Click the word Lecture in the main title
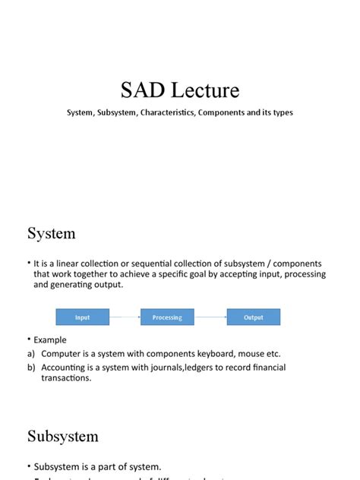click(201, 91)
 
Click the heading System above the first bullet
click(52, 233)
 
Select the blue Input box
click(82, 317)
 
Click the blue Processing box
click(167, 317)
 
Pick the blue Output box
click(253, 317)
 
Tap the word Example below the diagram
click(50, 340)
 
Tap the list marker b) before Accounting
click(31, 367)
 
